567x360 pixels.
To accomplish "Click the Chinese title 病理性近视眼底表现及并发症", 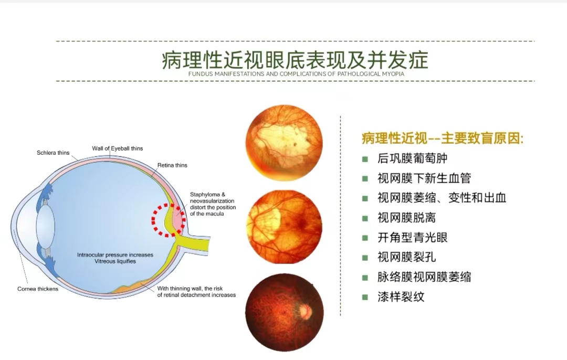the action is click(x=295, y=60).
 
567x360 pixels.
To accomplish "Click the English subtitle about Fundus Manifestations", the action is click(x=296, y=74).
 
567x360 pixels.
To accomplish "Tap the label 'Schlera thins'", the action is click(x=53, y=153).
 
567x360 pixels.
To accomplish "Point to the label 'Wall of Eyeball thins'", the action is click(x=118, y=148).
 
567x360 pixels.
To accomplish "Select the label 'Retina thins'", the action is click(x=172, y=165).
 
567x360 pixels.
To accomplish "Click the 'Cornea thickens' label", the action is click(x=38, y=289).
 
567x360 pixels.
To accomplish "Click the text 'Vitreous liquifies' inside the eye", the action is click(x=115, y=261).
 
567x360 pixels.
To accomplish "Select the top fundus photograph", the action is click(x=284, y=143).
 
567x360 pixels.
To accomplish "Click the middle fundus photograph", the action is click(x=284, y=227).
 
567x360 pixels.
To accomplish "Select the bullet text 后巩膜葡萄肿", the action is click(x=413, y=158).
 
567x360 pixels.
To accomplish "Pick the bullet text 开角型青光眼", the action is click(x=413, y=238).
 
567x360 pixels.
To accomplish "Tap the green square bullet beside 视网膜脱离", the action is click(x=365, y=218).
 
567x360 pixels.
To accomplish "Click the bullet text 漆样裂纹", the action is click(x=401, y=297).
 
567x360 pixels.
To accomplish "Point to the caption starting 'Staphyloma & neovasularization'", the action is click(x=213, y=204).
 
